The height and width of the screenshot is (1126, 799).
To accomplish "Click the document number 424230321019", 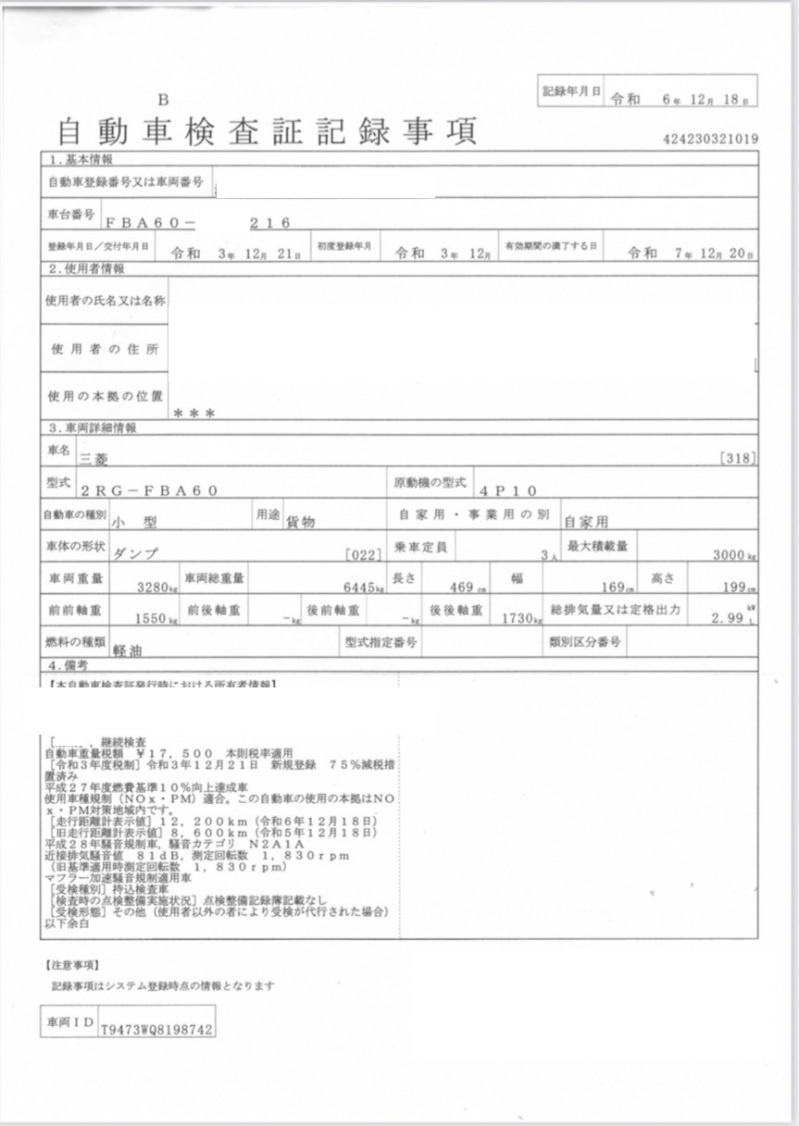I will pos(711,139).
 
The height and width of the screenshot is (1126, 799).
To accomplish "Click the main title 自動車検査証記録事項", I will pos(267,132).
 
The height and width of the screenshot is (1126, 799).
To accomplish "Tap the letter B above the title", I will pos(163,100).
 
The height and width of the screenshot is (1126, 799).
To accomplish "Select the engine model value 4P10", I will pos(508,490).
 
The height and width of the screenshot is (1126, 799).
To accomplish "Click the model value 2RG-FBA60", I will pos(149,490).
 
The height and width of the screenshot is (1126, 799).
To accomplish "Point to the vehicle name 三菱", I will pos(94,457).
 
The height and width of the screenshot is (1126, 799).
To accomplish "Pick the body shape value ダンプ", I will pos(134,553).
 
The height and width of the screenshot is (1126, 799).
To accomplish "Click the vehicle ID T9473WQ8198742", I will pos(156,1027).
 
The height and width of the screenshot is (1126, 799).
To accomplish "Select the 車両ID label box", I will pos(69,1021).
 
